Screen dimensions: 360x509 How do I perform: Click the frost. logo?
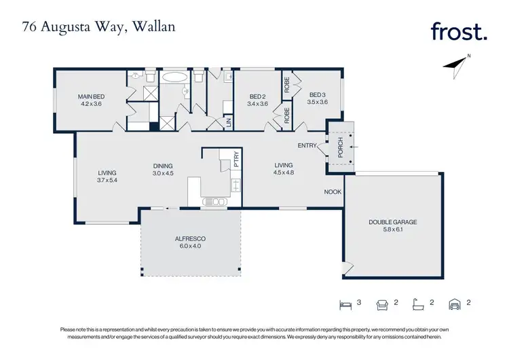pos(458,31)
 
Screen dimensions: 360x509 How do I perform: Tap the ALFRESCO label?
pos(190,239)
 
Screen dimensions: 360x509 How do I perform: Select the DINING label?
pos(162,166)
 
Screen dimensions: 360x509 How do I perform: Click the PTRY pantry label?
pos(235,159)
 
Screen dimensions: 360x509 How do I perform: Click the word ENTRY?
pos(307,145)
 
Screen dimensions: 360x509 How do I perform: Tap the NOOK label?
pos(333,192)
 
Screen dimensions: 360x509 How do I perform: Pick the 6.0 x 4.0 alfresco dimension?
pos(190,247)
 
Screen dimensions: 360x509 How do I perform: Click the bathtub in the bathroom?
pos(176,77)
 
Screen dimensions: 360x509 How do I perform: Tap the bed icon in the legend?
pos(343,304)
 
